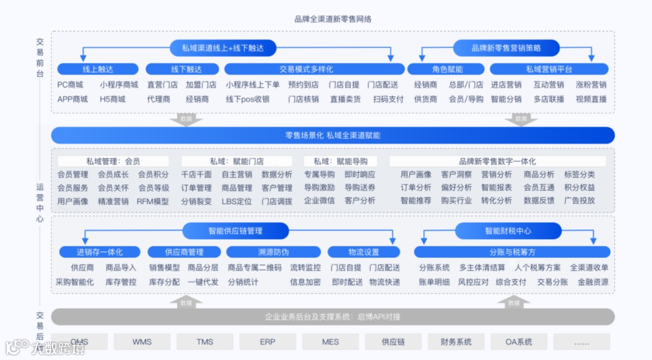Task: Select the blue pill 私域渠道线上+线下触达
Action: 224,48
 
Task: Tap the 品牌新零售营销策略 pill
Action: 506,48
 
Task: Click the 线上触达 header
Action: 98,69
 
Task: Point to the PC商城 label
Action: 70,85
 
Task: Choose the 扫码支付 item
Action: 388,99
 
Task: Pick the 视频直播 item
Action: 591,99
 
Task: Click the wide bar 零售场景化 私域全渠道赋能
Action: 333,135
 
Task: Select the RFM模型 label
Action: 153,201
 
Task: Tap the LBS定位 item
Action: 237,201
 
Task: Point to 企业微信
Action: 319,201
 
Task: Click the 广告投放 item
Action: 580,201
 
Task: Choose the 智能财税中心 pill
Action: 508,231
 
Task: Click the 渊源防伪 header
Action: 273,252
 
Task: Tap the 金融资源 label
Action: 593,282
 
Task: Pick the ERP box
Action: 267,342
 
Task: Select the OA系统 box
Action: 519,342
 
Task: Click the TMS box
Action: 205,342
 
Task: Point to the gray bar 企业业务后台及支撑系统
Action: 333,317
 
